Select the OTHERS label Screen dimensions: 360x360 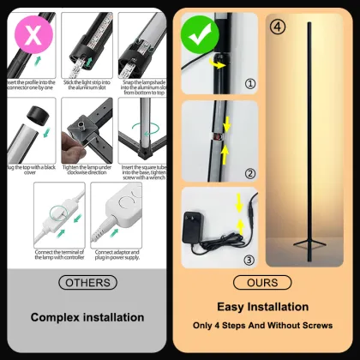click(x=87, y=283)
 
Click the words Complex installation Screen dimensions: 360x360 click(x=87, y=317)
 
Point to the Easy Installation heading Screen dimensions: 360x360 click(x=263, y=306)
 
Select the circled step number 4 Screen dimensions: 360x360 click(x=277, y=25)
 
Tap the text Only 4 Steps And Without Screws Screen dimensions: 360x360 click(x=263, y=327)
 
